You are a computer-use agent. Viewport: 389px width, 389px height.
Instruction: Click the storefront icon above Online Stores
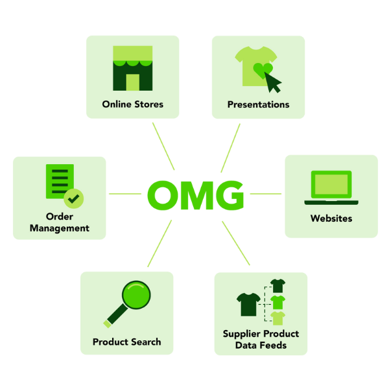tap(132, 68)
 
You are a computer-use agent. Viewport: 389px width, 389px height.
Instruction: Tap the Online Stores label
tap(132, 104)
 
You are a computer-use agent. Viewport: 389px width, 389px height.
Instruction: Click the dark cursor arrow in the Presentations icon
tap(275, 82)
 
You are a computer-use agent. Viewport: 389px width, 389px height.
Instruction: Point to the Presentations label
tap(258, 104)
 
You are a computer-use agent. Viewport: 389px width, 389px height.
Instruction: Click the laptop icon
tap(331, 187)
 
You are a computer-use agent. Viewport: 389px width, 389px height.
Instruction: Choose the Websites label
tap(331, 218)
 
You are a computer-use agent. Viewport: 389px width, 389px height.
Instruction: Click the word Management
tap(60, 228)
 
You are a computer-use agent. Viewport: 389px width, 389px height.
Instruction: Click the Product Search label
tap(126, 342)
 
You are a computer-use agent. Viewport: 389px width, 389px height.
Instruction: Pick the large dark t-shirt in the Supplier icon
tap(249, 303)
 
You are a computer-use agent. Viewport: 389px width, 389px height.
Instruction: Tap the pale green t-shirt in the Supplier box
tap(277, 318)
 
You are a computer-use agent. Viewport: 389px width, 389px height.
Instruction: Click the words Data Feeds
tap(261, 345)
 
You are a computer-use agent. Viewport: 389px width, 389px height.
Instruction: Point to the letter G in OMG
tap(230, 194)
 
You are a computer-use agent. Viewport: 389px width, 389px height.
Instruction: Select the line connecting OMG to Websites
tap(265, 194)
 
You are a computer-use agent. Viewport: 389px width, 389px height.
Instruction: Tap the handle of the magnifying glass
tap(113, 319)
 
